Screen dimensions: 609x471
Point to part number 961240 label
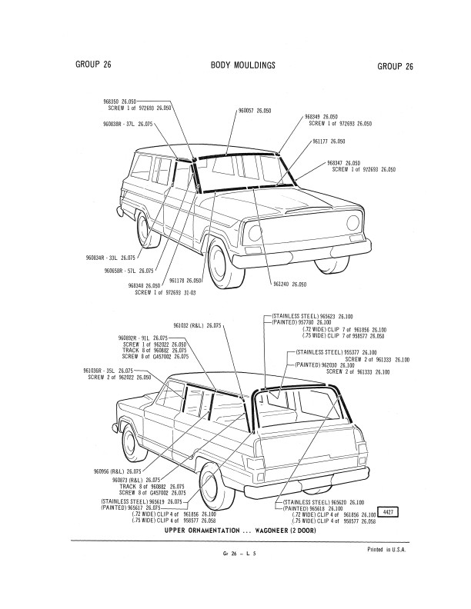tap(289, 285)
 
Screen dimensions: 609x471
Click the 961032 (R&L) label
tap(197, 326)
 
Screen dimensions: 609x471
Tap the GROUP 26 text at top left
tap(93, 65)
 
